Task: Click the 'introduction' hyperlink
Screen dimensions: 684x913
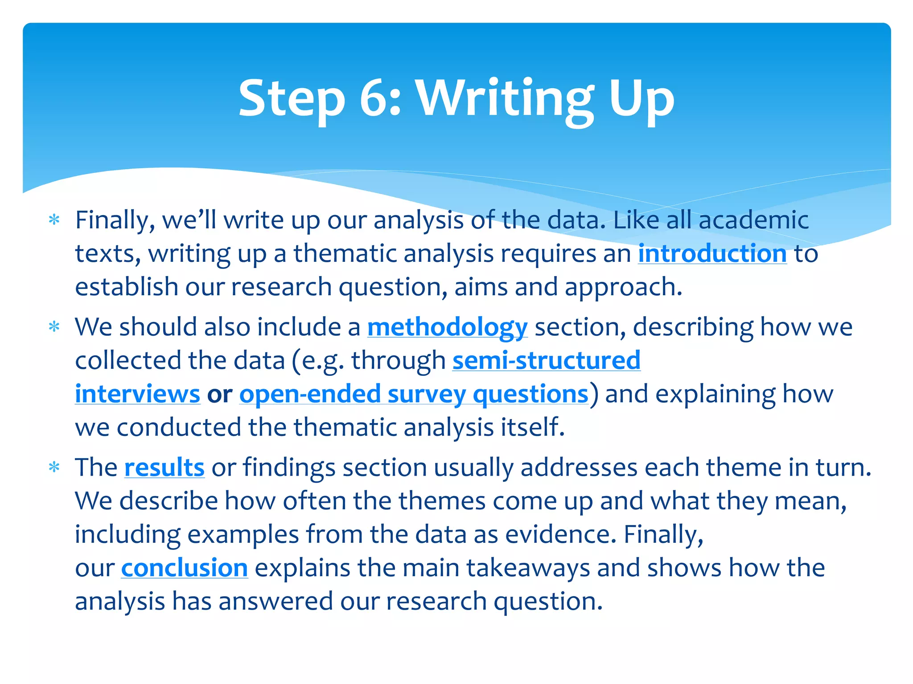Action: (x=712, y=254)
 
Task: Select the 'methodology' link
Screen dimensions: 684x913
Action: (x=447, y=327)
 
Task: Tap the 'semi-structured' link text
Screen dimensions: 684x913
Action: (x=546, y=360)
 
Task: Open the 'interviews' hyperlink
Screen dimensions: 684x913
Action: (x=137, y=394)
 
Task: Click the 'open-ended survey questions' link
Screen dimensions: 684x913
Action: (x=414, y=394)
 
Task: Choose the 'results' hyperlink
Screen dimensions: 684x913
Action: (x=164, y=468)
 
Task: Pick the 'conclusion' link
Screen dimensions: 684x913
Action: (x=184, y=568)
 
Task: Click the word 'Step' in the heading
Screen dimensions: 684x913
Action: (x=292, y=99)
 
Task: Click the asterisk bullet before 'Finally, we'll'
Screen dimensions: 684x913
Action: (x=54, y=220)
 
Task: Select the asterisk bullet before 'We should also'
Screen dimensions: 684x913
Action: (x=54, y=327)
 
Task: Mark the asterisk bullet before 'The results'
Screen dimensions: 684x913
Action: (x=54, y=468)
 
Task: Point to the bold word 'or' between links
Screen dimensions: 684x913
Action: (x=219, y=394)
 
